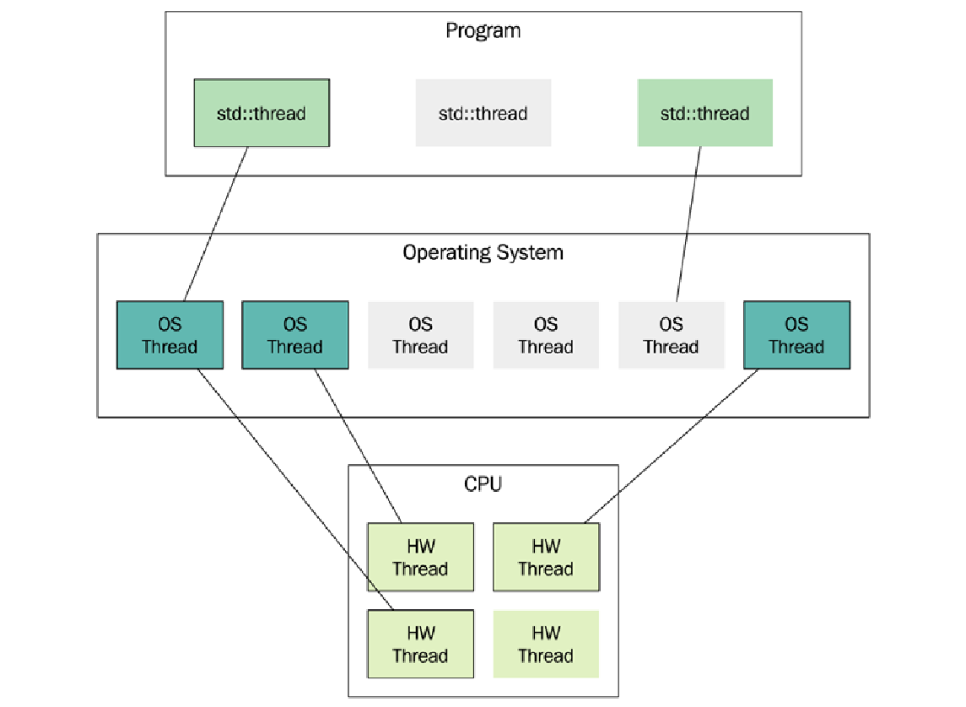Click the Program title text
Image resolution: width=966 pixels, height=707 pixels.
[x=483, y=31]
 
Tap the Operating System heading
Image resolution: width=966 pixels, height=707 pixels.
[x=483, y=252]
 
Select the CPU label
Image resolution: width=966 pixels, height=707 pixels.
[x=483, y=484]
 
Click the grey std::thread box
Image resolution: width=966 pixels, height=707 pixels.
[x=483, y=113]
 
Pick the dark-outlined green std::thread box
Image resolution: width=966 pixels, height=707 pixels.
[x=262, y=113]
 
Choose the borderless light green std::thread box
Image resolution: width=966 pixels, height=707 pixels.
[x=704, y=113]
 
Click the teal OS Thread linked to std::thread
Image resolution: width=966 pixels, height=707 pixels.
[x=170, y=335]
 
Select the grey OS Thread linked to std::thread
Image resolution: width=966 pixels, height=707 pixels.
[x=671, y=335]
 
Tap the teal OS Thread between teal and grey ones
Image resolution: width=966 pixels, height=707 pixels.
[x=294, y=335]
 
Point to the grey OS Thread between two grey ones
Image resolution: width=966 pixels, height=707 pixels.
[x=546, y=335]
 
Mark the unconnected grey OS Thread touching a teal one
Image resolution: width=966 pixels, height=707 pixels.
[x=420, y=335]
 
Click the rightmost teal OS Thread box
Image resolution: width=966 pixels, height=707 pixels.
[x=796, y=335]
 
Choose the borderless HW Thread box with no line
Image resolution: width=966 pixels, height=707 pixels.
[x=546, y=644]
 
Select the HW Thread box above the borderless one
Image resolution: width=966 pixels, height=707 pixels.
[x=546, y=557]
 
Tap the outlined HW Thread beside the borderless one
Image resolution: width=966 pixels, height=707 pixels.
[x=420, y=644]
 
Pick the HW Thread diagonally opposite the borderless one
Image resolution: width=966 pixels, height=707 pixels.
[x=420, y=557]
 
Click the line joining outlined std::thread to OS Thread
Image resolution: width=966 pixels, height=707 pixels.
[x=216, y=224]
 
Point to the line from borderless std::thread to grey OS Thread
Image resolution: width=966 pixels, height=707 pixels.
[x=688, y=224]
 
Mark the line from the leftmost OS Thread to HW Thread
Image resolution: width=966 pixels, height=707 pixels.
[x=295, y=489]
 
